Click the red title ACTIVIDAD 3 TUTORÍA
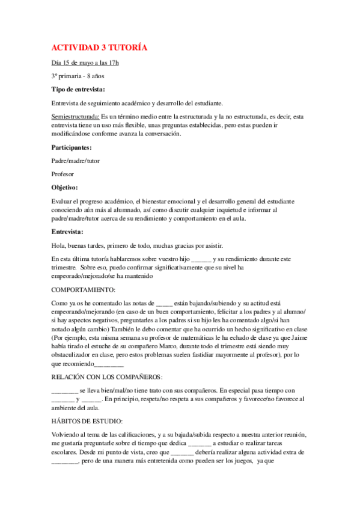(99, 47)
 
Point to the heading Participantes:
(72, 147)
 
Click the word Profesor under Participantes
(63, 174)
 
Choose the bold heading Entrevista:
(68, 232)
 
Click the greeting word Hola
(58, 245)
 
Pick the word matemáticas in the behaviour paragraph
(201, 338)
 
